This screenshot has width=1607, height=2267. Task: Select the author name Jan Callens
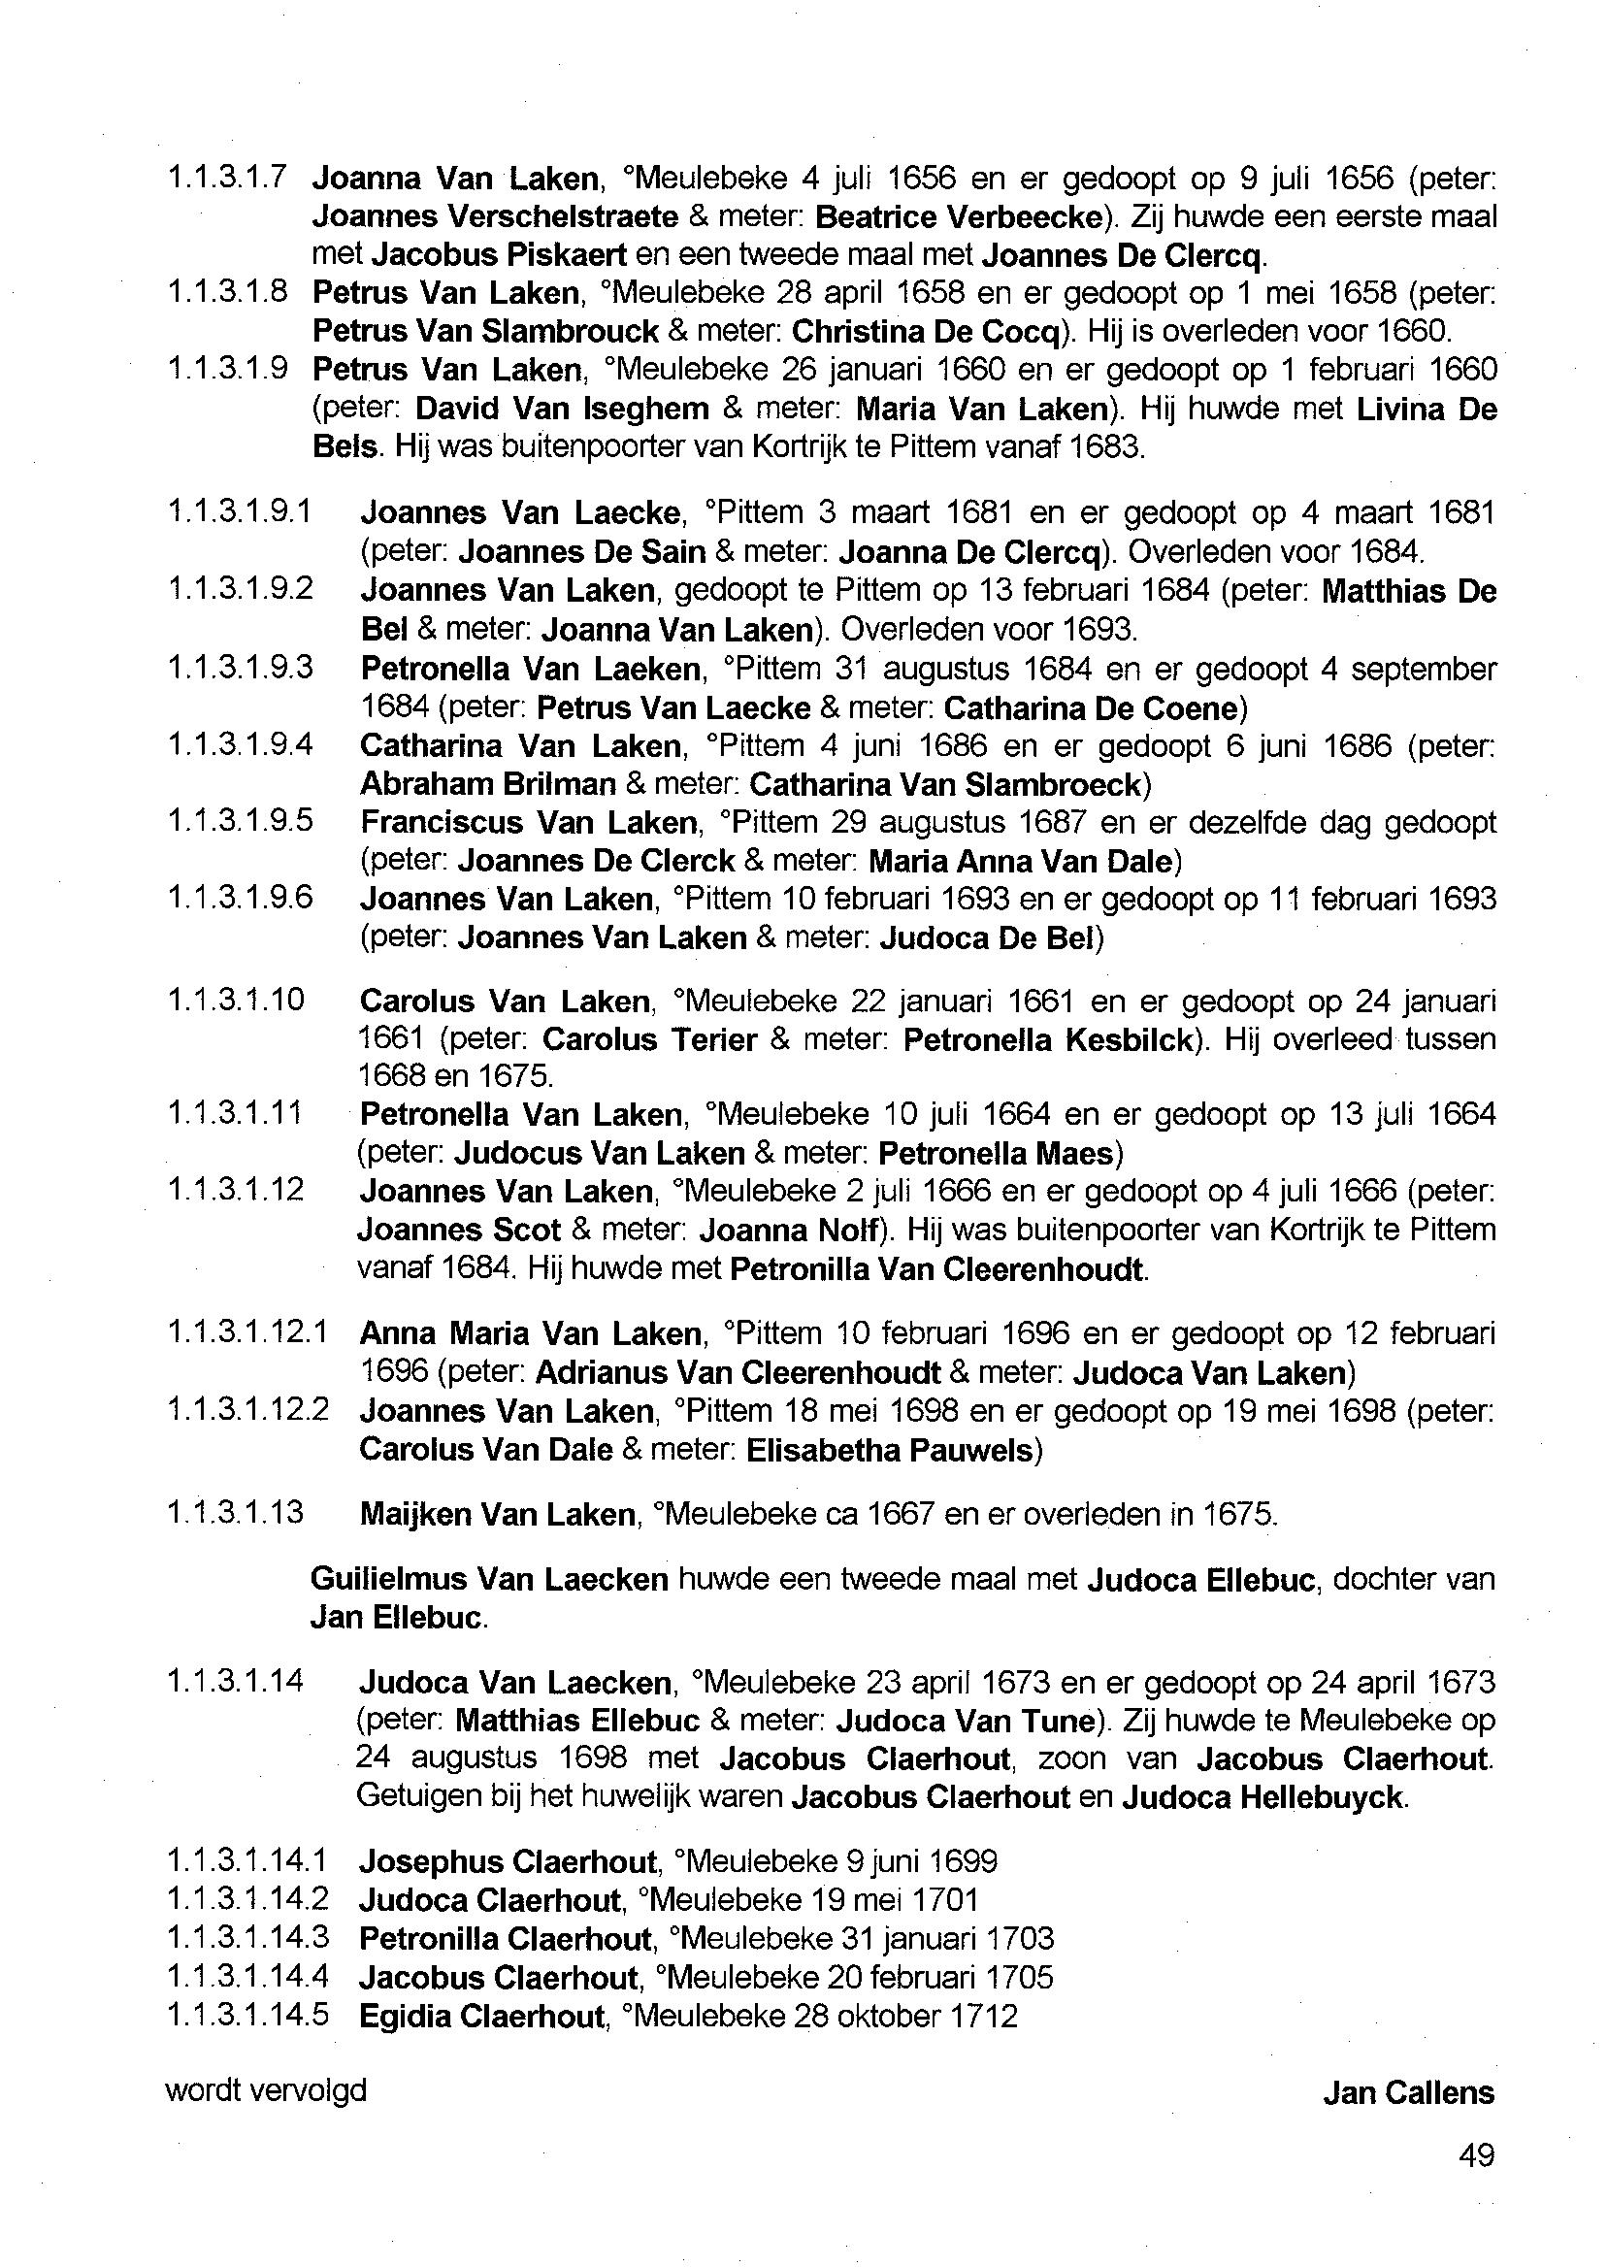(1408, 2092)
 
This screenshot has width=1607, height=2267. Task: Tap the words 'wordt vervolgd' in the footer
(266, 2089)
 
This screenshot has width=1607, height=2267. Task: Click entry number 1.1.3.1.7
(228, 179)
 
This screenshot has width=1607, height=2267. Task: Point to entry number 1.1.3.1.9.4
(241, 744)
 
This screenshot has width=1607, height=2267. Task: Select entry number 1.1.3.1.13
(236, 1513)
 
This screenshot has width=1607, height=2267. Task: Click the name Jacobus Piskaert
(499, 255)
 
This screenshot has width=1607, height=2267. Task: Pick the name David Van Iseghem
(562, 409)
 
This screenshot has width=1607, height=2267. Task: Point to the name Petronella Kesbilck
(1047, 1040)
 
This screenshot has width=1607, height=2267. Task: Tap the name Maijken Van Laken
(497, 1514)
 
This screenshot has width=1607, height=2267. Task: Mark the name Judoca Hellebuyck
(1262, 1797)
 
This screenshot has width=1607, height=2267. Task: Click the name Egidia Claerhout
(481, 2016)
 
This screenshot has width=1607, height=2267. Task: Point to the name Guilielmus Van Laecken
(489, 1579)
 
